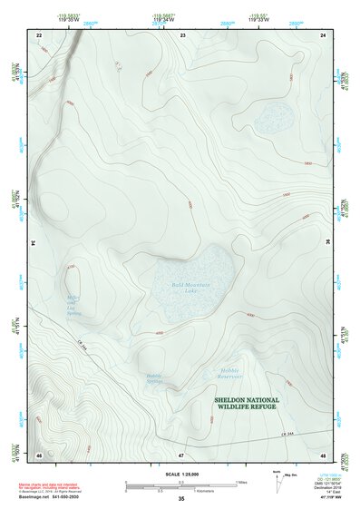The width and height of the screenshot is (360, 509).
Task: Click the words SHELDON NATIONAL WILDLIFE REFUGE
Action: [247, 403]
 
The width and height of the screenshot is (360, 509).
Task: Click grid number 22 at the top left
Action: [39, 34]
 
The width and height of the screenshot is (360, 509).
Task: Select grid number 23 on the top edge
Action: [182, 34]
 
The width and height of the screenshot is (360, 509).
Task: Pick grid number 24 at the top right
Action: [323, 34]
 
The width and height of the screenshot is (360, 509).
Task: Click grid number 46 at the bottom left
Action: [39, 453]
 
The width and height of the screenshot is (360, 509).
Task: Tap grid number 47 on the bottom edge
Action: [181, 453]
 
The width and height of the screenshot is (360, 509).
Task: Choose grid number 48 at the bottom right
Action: [323, 453]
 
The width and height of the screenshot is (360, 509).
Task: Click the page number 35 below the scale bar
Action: [181, 499]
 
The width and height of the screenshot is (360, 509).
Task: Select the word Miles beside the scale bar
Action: [240, 482]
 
